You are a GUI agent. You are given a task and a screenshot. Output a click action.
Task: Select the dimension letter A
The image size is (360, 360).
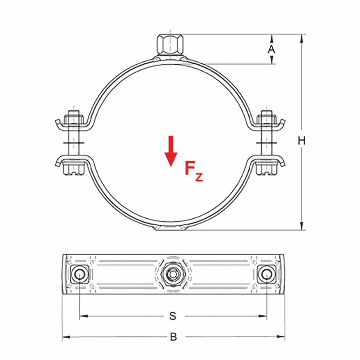(x=271, y=49)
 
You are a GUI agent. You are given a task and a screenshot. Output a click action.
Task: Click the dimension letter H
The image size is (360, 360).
(x=302, y=141)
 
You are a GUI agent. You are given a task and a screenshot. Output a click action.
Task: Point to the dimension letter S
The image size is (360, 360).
(x=173, y=316)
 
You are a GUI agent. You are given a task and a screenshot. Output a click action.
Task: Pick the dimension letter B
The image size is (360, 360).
(x=173, y=337)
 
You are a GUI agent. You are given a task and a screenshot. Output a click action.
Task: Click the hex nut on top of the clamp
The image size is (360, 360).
(x=170, y=45)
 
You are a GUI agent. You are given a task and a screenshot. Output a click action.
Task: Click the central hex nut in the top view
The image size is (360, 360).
(x=171, y=273)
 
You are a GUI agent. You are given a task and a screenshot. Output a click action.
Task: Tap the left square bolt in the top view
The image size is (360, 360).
(x=79, y=273)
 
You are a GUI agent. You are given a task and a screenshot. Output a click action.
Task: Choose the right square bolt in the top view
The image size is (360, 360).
(x=266, y=273)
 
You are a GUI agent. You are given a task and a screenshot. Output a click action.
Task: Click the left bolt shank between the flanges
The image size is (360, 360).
(x=74, y=141)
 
